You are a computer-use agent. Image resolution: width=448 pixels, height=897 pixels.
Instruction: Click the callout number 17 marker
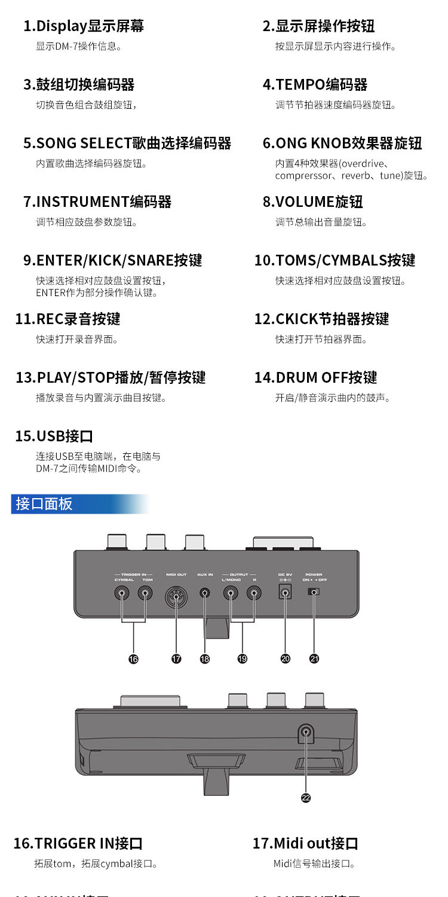click(176, 658)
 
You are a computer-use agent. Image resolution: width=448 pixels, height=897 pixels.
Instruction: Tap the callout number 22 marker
click(306, 798)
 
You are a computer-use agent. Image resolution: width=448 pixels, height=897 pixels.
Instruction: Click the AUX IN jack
click(205, 593)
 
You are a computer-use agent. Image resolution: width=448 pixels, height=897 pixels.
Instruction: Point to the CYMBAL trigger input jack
click(122, 594)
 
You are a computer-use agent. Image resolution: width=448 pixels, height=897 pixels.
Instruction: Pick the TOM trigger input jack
click(145, 594)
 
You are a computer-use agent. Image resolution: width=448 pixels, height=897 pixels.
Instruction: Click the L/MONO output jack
click(230, 594)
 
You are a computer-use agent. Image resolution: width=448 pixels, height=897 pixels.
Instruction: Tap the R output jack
click(254, 594)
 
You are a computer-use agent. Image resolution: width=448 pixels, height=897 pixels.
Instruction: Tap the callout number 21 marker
click(314, 658)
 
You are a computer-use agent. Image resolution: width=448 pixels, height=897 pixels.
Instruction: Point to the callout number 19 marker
click(242, 658)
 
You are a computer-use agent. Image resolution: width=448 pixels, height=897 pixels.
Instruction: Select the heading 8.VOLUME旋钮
click(313, 202)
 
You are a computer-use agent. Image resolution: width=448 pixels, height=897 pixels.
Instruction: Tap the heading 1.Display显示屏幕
click(84, 26)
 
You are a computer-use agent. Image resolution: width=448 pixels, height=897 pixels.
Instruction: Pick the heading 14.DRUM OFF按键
click(316, 378)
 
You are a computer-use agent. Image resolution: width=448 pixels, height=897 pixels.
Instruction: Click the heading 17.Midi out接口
click(305, 844)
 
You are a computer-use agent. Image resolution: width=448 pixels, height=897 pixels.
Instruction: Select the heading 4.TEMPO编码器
click(315, 85)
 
